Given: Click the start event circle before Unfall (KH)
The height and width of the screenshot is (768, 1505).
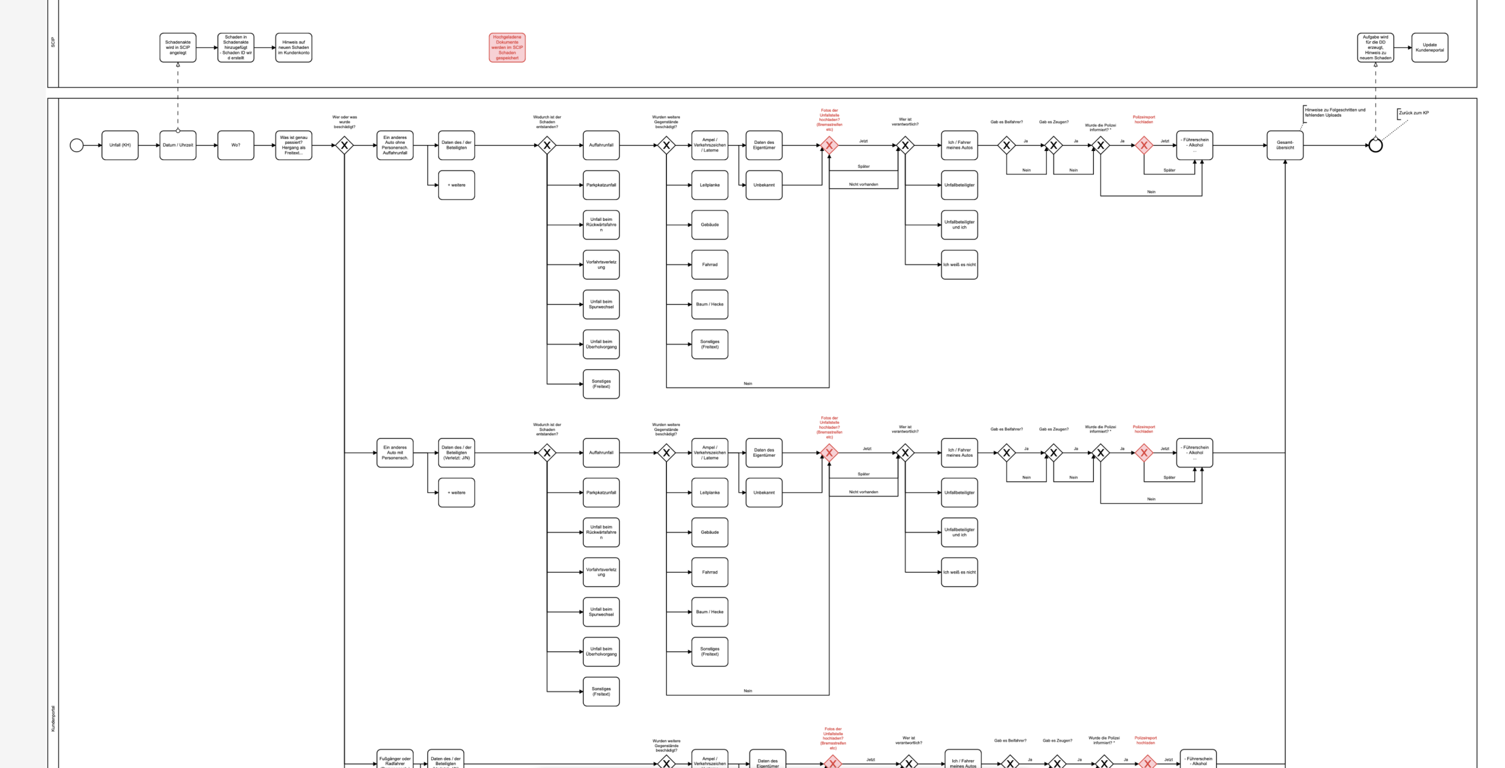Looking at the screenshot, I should pos(76,145).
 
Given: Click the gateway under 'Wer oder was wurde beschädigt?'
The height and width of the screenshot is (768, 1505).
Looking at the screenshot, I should pos(345,145).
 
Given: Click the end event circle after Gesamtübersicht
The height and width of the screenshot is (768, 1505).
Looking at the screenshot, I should pos(1375,145).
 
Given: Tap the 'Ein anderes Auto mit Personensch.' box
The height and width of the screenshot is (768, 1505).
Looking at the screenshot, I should pos(395,453).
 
